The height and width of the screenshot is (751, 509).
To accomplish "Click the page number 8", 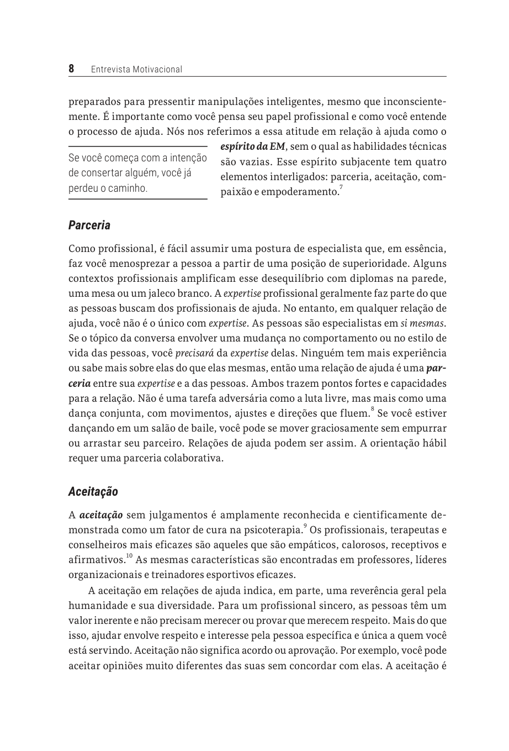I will click(71, 69).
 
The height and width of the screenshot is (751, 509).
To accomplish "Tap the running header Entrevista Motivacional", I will click(136, 70).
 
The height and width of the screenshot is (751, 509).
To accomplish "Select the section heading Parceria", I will click(89, 225).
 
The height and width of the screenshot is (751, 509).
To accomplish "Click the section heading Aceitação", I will click(93, 491).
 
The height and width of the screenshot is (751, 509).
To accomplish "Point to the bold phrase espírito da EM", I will click(253, 147).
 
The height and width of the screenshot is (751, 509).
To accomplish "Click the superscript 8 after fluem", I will click(373, 409).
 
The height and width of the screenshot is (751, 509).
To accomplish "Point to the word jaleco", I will click(151, 293).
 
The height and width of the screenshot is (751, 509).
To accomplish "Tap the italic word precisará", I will click(194, 353).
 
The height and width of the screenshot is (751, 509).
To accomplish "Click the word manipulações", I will click(232, 102).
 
